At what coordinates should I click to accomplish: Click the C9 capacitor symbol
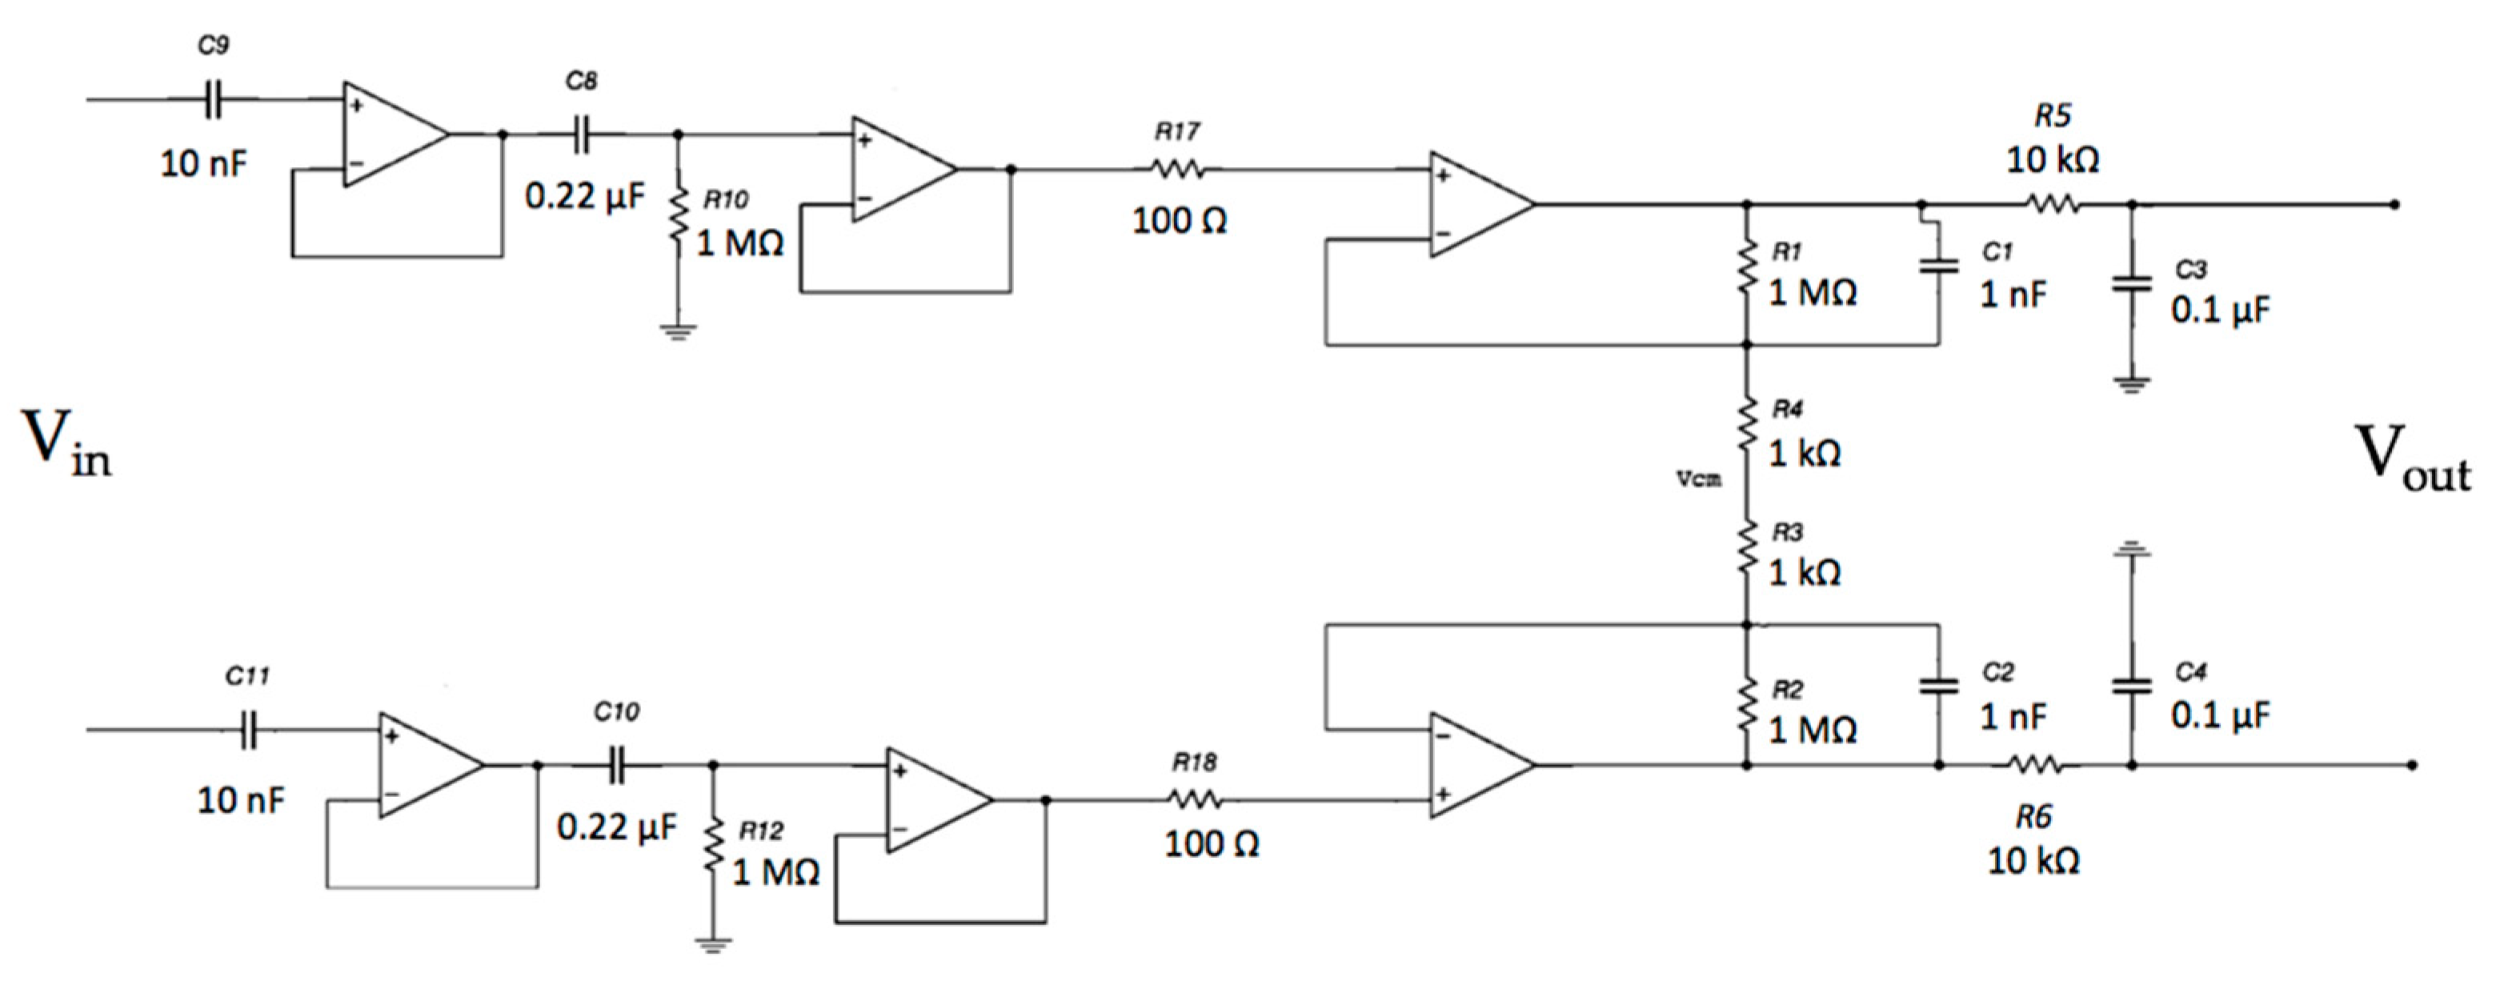pos(213,99)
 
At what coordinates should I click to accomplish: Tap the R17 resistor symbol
pos(1178,170)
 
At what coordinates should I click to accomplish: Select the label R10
pos(725,200)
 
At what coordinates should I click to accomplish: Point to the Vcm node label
pos(1699,478)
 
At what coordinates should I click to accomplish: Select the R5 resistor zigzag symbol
pos(2052,205)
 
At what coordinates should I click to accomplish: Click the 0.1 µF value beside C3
pos(2221,310)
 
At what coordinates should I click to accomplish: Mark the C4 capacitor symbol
pos(2131,686)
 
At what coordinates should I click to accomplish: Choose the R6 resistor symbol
pos(2033,765)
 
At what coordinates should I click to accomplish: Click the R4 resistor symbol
pos(1747,423)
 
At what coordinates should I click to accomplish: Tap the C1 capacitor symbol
pos(1939,266)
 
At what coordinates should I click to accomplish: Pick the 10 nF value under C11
pos(241,800)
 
